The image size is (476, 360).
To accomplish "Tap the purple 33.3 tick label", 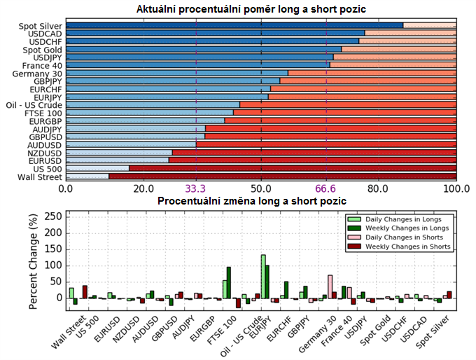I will click(x=196, y=189).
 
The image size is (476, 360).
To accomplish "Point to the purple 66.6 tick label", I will click(x=326, y=189).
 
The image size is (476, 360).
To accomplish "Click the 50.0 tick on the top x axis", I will click(x=261, y=189).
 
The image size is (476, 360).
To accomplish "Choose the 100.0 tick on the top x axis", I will click(x=456, y=189).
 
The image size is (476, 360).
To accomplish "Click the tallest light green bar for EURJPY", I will click(x=263, y=276).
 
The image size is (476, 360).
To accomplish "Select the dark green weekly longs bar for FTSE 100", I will click(x=229, y=282).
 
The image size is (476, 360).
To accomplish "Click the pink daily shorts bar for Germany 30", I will click(x=330, y=286).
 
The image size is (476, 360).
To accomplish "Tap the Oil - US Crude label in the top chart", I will click(x=34, y=105).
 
